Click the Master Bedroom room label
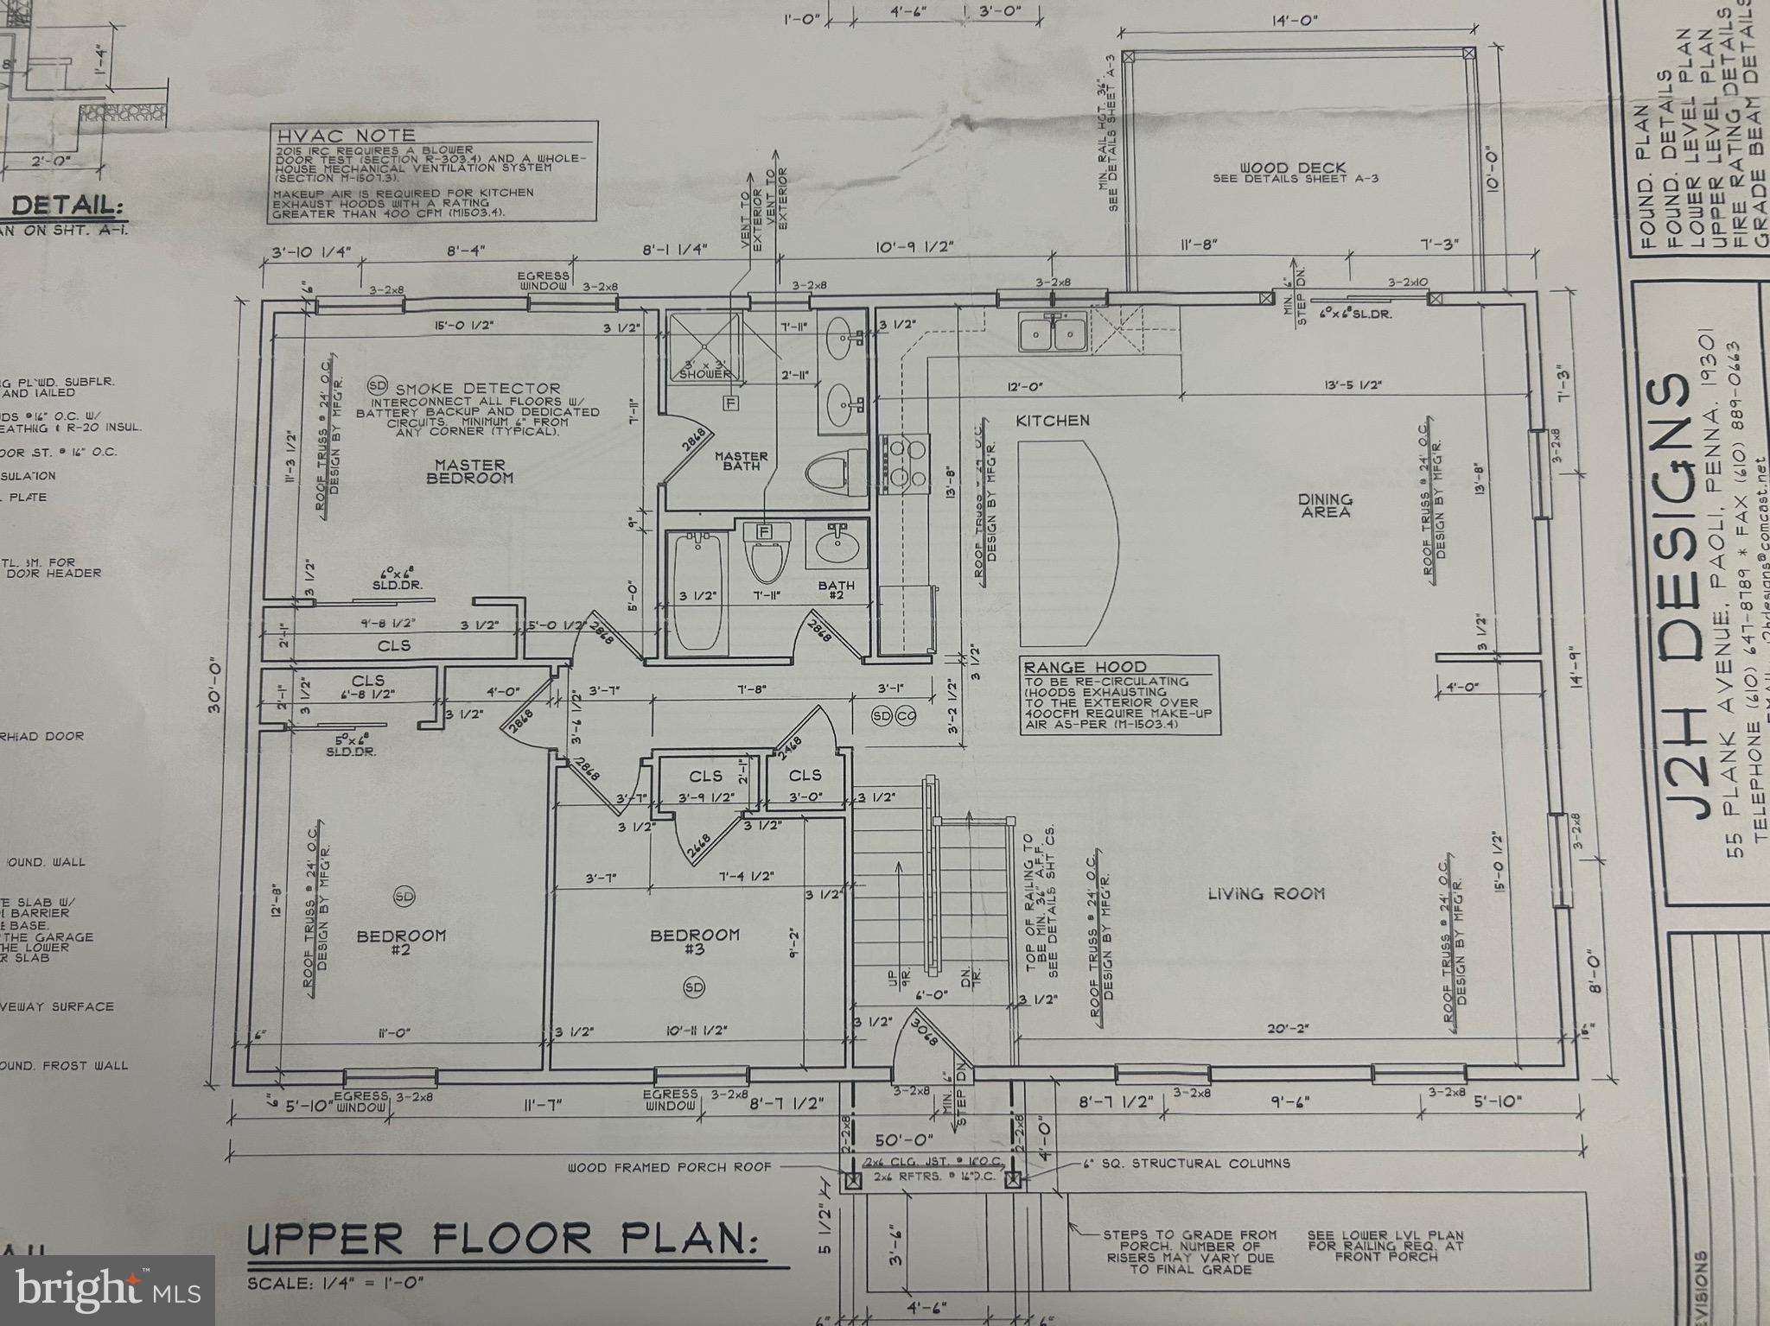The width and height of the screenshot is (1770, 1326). tap(469, 471)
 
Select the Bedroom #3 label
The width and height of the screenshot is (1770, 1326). tap(695, 941)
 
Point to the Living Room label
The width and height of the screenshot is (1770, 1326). tap(1265, 894)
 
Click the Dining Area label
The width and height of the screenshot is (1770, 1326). tap(1325, 505)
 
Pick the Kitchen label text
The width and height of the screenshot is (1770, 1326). tap(1052, 421)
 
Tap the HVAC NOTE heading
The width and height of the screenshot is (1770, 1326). tap(346, 136)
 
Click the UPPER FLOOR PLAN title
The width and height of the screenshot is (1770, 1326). tap(501, 1239)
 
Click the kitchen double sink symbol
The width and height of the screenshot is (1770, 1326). tap(1052, 333)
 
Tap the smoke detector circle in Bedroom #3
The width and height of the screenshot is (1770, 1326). tap(693, 987)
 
